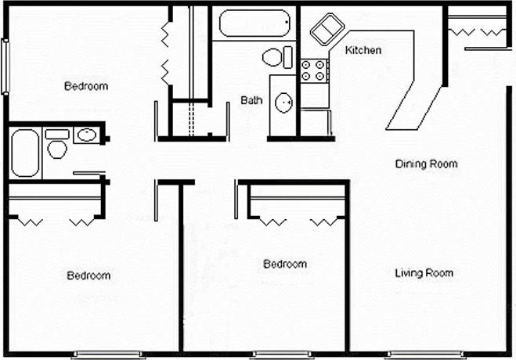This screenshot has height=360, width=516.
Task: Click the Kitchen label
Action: pos(363,51)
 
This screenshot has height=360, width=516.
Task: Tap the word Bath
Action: pos(251,100)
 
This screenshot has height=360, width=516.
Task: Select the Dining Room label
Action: pos(425,164)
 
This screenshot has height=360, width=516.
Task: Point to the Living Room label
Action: pos(424,273)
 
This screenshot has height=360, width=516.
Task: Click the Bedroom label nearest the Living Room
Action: pos(285,265)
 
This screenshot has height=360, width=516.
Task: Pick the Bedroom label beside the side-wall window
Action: pos(86,86)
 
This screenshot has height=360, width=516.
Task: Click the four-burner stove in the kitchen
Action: pos(314,71)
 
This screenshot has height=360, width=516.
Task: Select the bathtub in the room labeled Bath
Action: pos(254,23)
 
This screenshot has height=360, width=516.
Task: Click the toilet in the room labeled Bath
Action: pos(274,57)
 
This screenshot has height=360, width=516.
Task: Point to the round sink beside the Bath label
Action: pos(283,102)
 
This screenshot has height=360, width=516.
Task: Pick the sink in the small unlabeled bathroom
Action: pos(85,135)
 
